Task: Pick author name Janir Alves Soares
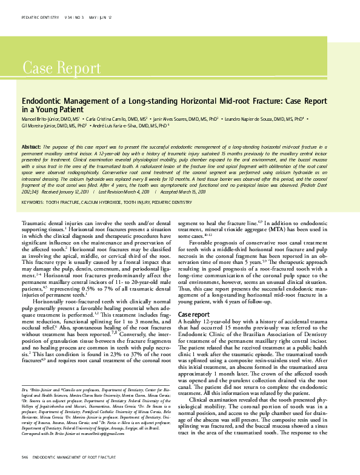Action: [x=172, y=120]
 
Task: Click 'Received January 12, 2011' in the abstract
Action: [x=67, y=175]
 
